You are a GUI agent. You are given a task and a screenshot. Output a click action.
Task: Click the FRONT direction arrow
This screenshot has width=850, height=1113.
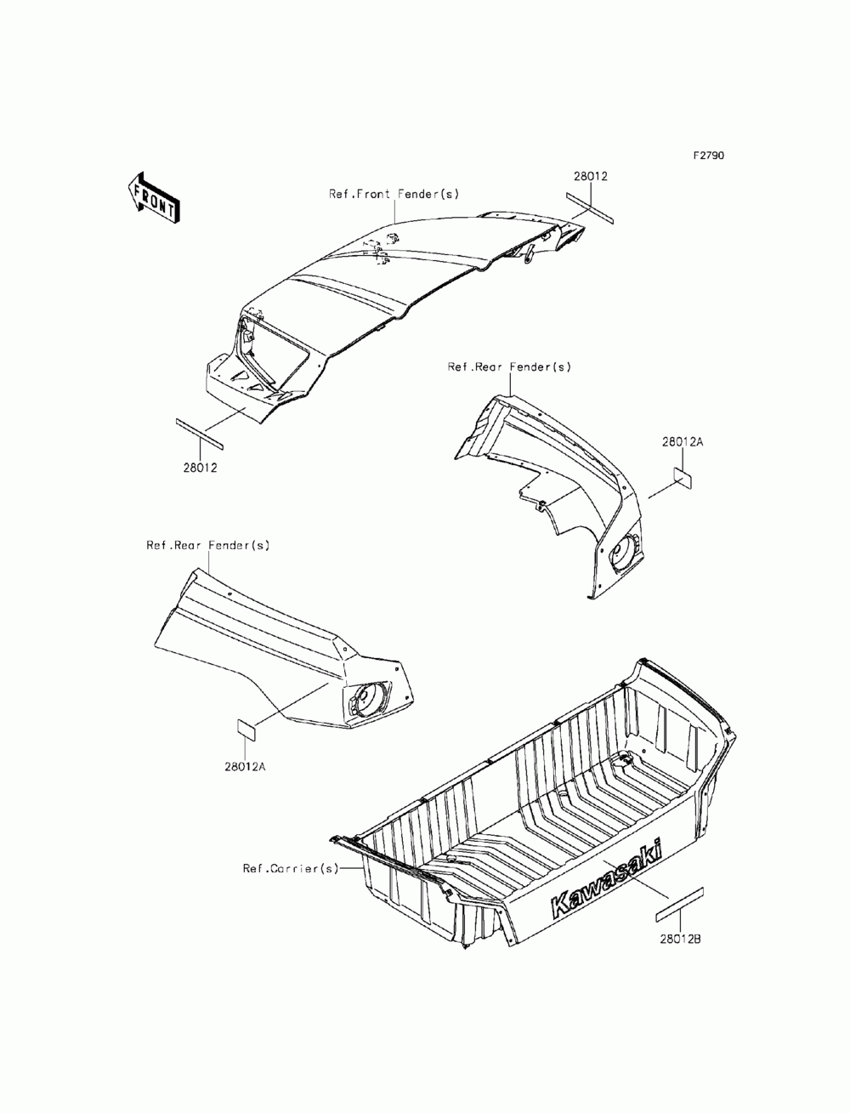point(152,196)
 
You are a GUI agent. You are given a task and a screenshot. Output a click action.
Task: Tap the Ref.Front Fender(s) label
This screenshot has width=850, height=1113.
point(394,194)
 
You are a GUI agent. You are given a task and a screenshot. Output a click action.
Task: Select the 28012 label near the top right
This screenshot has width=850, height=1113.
point(590,176)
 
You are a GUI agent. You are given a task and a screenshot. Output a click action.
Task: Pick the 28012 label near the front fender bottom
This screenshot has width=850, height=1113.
point(201,467)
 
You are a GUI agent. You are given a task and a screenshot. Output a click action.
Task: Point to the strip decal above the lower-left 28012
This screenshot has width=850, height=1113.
point(198,433)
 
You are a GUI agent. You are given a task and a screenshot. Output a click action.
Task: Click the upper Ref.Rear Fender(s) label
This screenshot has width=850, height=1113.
point(509,367)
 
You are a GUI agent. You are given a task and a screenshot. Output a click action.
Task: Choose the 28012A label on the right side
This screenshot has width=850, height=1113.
point(683,442)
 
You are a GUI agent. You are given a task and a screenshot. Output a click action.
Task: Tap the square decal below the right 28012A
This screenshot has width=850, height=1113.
point(683,476)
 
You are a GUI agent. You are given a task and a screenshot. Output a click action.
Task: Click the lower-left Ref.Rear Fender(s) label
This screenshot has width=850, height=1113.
point(207,545)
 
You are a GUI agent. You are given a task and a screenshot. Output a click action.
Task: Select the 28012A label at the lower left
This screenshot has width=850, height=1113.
point(246,766)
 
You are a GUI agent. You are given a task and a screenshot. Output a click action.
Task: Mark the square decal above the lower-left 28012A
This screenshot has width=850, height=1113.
point(246,729)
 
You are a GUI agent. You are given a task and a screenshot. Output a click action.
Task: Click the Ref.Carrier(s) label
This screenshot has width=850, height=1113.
point(291,868)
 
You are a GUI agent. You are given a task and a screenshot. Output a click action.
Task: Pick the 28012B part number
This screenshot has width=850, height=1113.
point(680,940)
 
